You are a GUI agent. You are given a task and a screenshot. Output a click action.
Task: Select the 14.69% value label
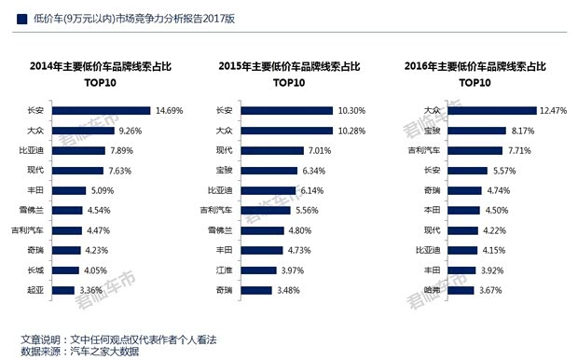coord(172,110)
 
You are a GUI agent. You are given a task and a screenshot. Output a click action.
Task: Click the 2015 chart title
coord(288,73)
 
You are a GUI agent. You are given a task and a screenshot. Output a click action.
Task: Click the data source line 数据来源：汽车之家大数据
coord(81,351)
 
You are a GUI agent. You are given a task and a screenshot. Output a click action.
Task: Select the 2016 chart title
coord(475,73)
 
